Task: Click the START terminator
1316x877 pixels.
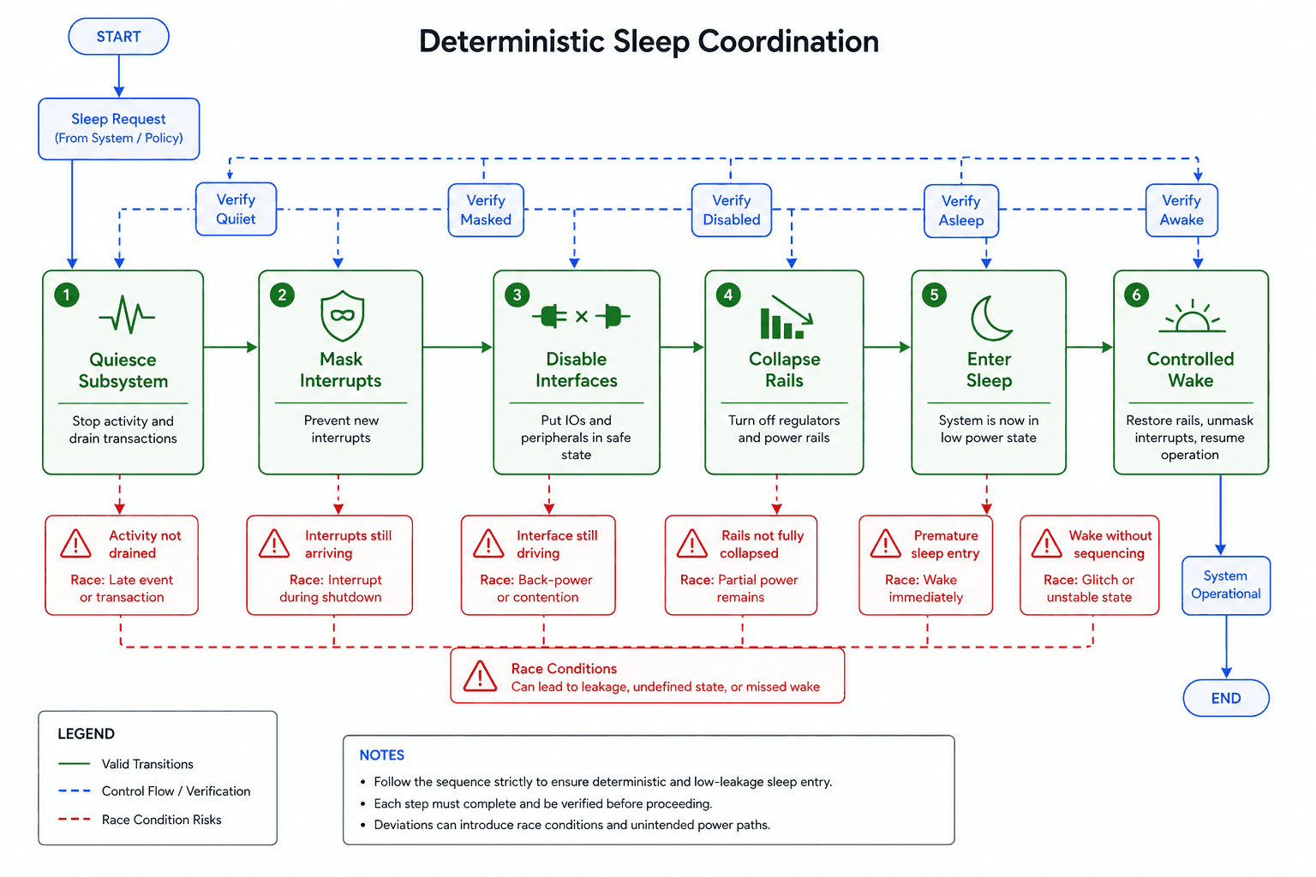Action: [119, 37]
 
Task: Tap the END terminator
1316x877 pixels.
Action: [1226, 698]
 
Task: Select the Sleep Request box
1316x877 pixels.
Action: [119, 128]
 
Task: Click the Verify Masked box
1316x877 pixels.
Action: [486, 210]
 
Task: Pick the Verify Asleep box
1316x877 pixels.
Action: [961, 211]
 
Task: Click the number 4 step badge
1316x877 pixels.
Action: [728, 295]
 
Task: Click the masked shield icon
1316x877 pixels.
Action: [343, 315]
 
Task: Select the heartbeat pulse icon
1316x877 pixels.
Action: [127, 314]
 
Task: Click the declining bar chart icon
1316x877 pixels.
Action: [786, 317]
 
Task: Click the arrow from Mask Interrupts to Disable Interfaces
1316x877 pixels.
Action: [458, 347]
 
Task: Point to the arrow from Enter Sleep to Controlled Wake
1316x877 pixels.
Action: [1090, 347]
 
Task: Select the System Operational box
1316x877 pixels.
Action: [1226, 585]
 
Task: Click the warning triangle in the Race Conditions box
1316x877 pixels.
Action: [480, 676]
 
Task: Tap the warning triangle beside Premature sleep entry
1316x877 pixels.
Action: [885, 543]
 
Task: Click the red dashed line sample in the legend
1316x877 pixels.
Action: [74, 819]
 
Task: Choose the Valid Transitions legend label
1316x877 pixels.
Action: [147, 764]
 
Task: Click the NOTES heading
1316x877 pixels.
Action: [382, 755]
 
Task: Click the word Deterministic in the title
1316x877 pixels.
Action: [511, 42]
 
